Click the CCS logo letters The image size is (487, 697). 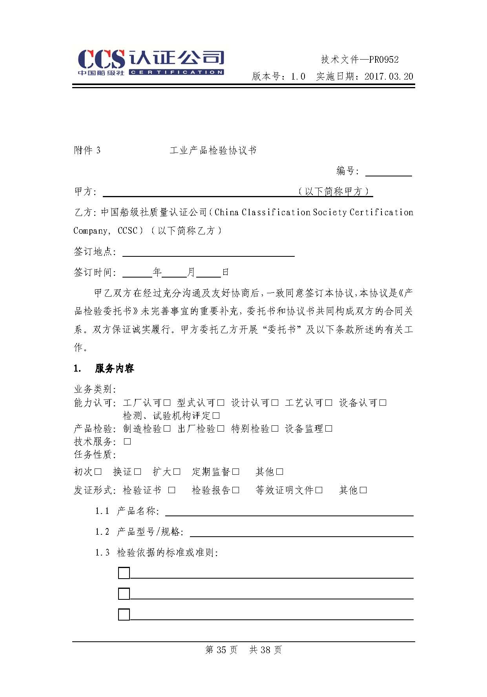101,60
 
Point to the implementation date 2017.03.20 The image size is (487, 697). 389,76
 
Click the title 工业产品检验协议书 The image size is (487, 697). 213,151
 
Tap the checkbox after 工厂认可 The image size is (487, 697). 167,403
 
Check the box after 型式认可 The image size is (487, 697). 221,403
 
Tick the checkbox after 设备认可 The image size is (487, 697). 383,403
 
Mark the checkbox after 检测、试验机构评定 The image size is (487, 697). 216,416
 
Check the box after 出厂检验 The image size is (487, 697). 221,428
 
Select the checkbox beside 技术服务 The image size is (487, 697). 127,441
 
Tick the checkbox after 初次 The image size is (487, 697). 98,472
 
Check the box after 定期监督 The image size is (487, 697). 236,472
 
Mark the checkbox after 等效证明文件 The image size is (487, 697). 319,490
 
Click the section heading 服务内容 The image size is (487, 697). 114,368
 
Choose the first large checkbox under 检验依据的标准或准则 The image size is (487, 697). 124,573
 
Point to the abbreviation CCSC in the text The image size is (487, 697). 128,231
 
